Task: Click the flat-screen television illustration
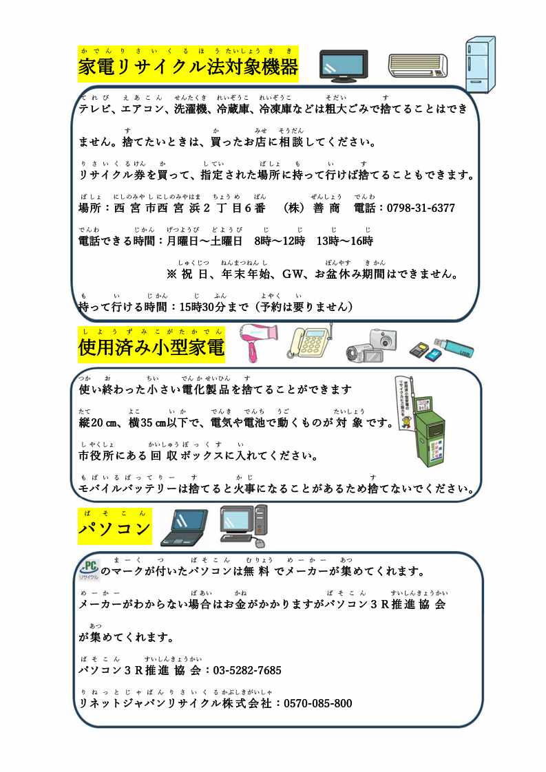(344, 66)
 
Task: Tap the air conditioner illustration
(417, 65)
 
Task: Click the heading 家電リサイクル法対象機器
(189, 67)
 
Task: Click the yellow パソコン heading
(114, 529)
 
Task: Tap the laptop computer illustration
(184, 528)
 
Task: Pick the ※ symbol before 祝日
(171, 274)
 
